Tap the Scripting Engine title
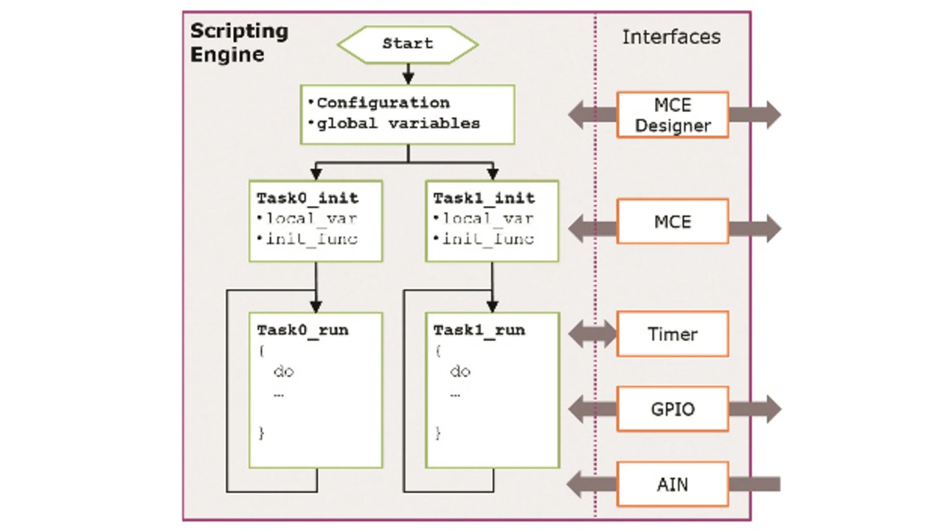[x=240, y=43]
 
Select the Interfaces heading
[x=671, y=37]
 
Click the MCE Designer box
[x=673, y=114]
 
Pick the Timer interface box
[x=673, y=334]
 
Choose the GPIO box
[x=673, y=409]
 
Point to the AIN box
[x=673, y=484]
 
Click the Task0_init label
[x=308, y=198]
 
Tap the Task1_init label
[x=485, y=198]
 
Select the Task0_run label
[x=302, y=330]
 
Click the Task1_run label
[x=479, y=330]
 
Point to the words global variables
[x=398, y=123]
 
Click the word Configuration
[x=383, y=103]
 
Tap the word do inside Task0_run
[x=284, y=371]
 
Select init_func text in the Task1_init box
[x=488, y=239]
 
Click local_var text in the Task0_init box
[x=312, y=218]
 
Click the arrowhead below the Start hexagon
[x=408, y=78]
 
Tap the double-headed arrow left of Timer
[x=592, y=334]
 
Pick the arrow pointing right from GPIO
[x=755, y=409]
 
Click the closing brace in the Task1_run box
[x=438, y=433]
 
